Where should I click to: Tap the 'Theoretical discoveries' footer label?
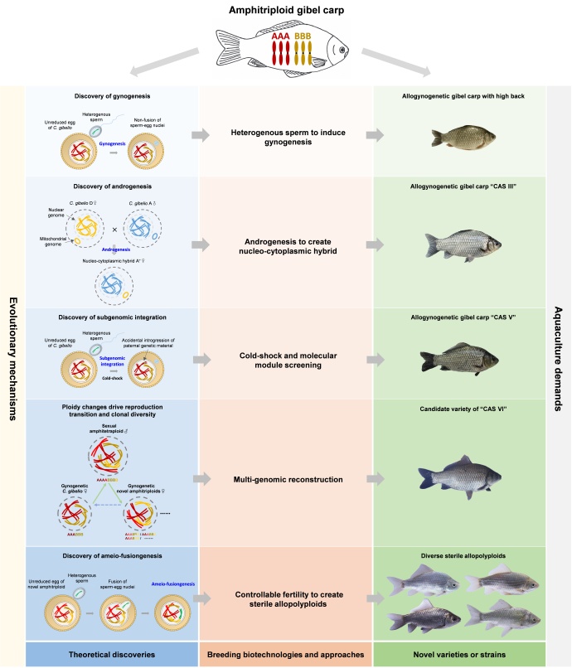[x=112, y=653]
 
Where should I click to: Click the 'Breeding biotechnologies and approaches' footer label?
[x=286, y=653]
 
